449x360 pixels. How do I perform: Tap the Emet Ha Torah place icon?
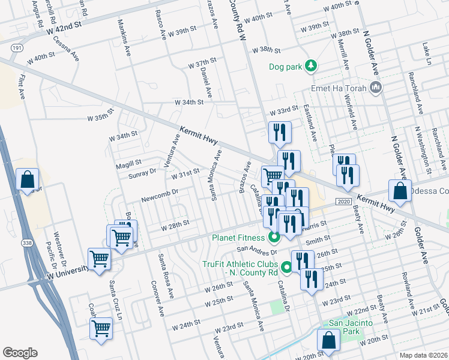pos(376,89)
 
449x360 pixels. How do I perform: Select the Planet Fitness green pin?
pos(274,237)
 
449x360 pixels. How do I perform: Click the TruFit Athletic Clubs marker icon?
pos(286,268)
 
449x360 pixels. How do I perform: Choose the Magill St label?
pos(129,162)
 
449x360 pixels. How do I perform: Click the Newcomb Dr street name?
pos(160,193)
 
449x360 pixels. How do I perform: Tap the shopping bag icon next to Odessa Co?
pos(400,190)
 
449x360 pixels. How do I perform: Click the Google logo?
pos(20,353)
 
